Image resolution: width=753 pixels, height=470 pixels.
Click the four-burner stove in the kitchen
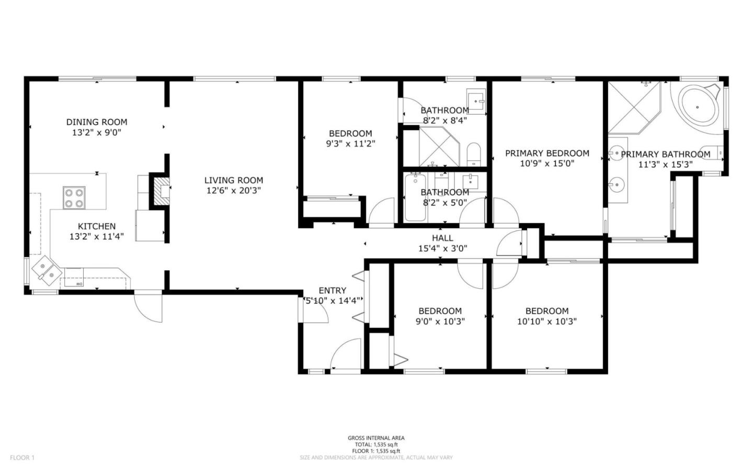pyautogui.click(x=74, y=198)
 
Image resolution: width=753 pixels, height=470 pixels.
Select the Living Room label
pyautogui.click(x=233, y=180)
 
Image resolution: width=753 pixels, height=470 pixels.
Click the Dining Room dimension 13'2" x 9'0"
pyautogui.click(x=97, y=133)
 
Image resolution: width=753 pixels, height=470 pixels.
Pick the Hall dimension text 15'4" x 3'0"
pyautogui.click(x=442, y=249)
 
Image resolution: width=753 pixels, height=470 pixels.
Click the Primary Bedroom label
pyautogui.click(x=547, y=153)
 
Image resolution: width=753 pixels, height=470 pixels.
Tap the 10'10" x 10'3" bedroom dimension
pyautogui.click(x=547, y=322)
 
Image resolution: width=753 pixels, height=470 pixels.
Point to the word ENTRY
pyautogui.click(x=332, y=291)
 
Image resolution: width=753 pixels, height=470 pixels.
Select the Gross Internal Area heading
pyautogui.click(x=376, y=438)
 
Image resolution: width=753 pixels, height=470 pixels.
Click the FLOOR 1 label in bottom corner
pyautogui.click(x=22, y=458)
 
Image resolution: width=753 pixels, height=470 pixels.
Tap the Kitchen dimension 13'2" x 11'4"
pyautogui.click(x=97, y=236)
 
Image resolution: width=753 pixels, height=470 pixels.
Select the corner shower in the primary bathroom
pyautogui.click(x=634, y=107)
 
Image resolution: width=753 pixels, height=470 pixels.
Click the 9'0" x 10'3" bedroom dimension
pyautogui.click(x=440, y=322)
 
